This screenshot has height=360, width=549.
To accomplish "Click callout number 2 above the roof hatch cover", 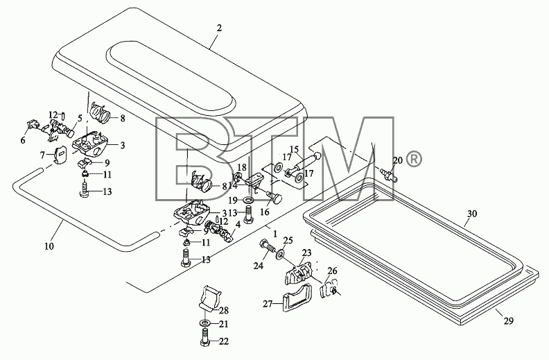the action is (x=219, y=28).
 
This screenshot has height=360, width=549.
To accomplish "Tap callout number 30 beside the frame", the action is (x=472, y=213).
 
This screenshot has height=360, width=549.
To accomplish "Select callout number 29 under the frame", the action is (x=508, y=320).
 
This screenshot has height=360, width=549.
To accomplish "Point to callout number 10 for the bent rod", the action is (x=49, y=246).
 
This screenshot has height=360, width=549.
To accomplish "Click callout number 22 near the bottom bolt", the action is (x=224, y=341).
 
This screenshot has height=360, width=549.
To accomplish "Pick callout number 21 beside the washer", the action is (x=223, y=325).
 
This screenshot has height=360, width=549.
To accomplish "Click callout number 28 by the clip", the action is (x=224, y=310).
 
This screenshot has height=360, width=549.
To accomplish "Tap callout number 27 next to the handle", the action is (x=268, y=304).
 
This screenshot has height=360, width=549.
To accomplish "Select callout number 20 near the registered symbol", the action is (x=398, y=161).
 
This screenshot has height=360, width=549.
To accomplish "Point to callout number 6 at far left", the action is (x=23, y=140).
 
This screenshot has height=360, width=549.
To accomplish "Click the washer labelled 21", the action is (x=204, y=322).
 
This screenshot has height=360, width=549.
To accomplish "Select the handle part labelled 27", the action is (x=296, y=297).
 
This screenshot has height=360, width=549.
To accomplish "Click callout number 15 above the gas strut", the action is (x=294, y=149).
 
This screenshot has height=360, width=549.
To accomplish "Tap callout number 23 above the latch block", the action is (x=306, y=253).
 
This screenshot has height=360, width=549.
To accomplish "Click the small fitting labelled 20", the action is (x=390, y=174).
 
